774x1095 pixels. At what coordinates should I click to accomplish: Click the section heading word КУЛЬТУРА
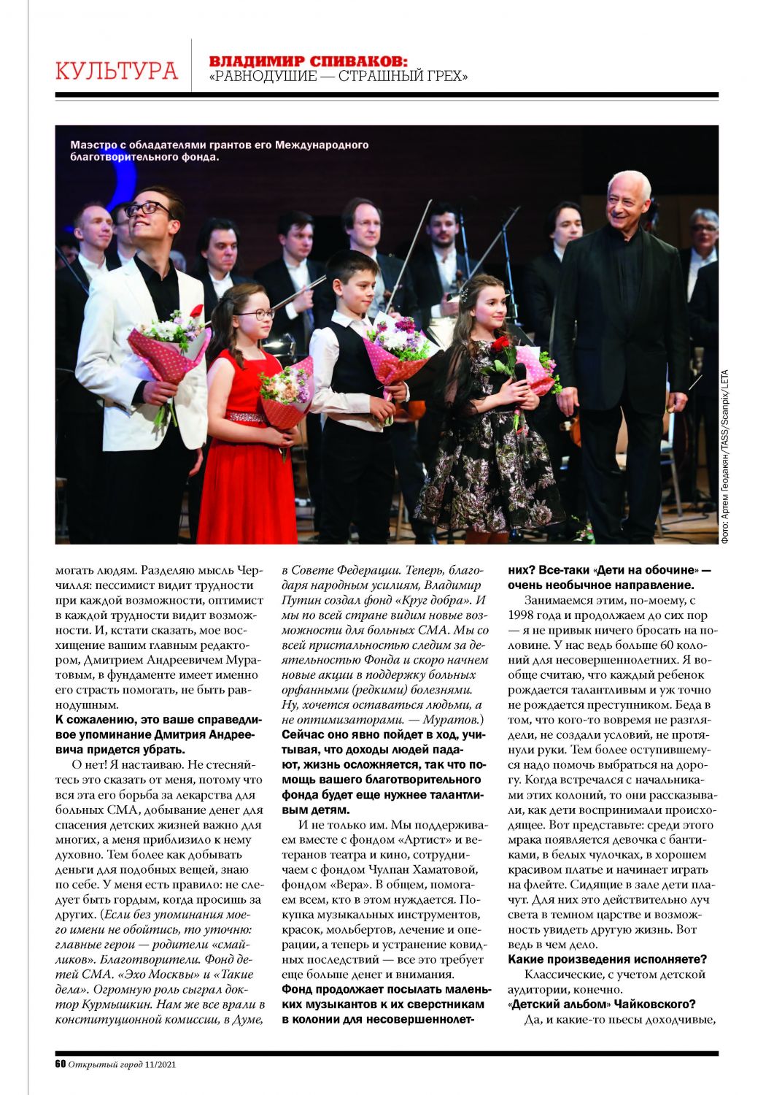pyautogui.click(x=117, y=71)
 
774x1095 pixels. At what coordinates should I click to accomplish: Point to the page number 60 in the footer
pyautogui.click(x=61, y=1064)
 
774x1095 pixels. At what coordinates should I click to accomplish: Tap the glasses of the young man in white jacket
pyautogui.click(x=148, y=209)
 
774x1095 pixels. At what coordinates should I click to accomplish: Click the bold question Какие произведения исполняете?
pyautogui.click(x=607, y=959)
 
